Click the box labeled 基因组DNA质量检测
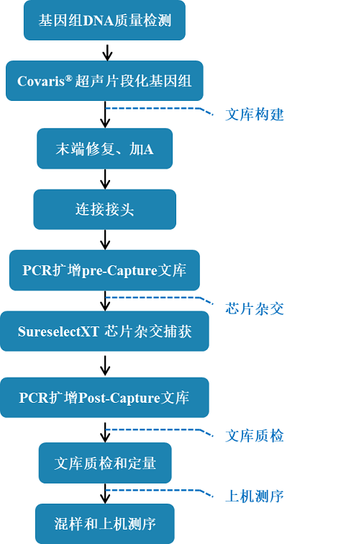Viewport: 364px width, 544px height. tap(104, 20)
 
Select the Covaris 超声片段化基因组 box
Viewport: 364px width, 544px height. tap(104, 81)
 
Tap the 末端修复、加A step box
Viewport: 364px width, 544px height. tap(104, 148)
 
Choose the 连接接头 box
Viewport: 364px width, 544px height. tap(104, 209)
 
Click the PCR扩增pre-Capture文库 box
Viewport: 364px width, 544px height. tap(104, 270)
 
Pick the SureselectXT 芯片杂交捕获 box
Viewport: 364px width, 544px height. tap(104, 331)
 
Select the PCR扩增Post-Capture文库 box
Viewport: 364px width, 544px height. tap(104, 397)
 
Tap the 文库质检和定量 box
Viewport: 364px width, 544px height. tap(105, 463)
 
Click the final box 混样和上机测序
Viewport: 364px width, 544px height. tap(105, 524)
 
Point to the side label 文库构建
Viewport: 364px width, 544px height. tap(255, 115)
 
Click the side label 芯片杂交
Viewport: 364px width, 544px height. tap(255, 308)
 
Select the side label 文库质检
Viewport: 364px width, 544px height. tap(255, 436)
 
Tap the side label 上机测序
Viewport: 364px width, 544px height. tap(255, 496)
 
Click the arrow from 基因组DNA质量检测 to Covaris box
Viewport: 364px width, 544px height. tap(107, 53)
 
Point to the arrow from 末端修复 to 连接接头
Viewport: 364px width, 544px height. tap(105, 179)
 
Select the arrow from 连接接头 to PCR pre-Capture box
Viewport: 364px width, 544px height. tap(105, 240)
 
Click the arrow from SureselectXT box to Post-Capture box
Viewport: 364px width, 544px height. tap(105, 365)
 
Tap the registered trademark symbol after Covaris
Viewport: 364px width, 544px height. tap(68, 79)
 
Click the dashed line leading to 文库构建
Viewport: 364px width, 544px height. tap(159, 110)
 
